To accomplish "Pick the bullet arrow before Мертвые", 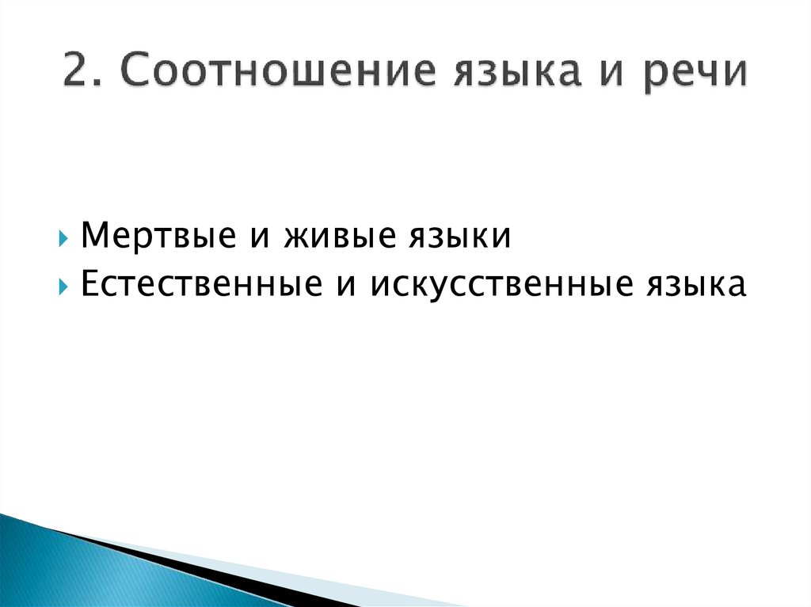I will click(x=63, y=238).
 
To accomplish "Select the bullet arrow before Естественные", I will click(x=63, y=286).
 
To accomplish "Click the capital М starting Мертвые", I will click(x=93, y=237).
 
